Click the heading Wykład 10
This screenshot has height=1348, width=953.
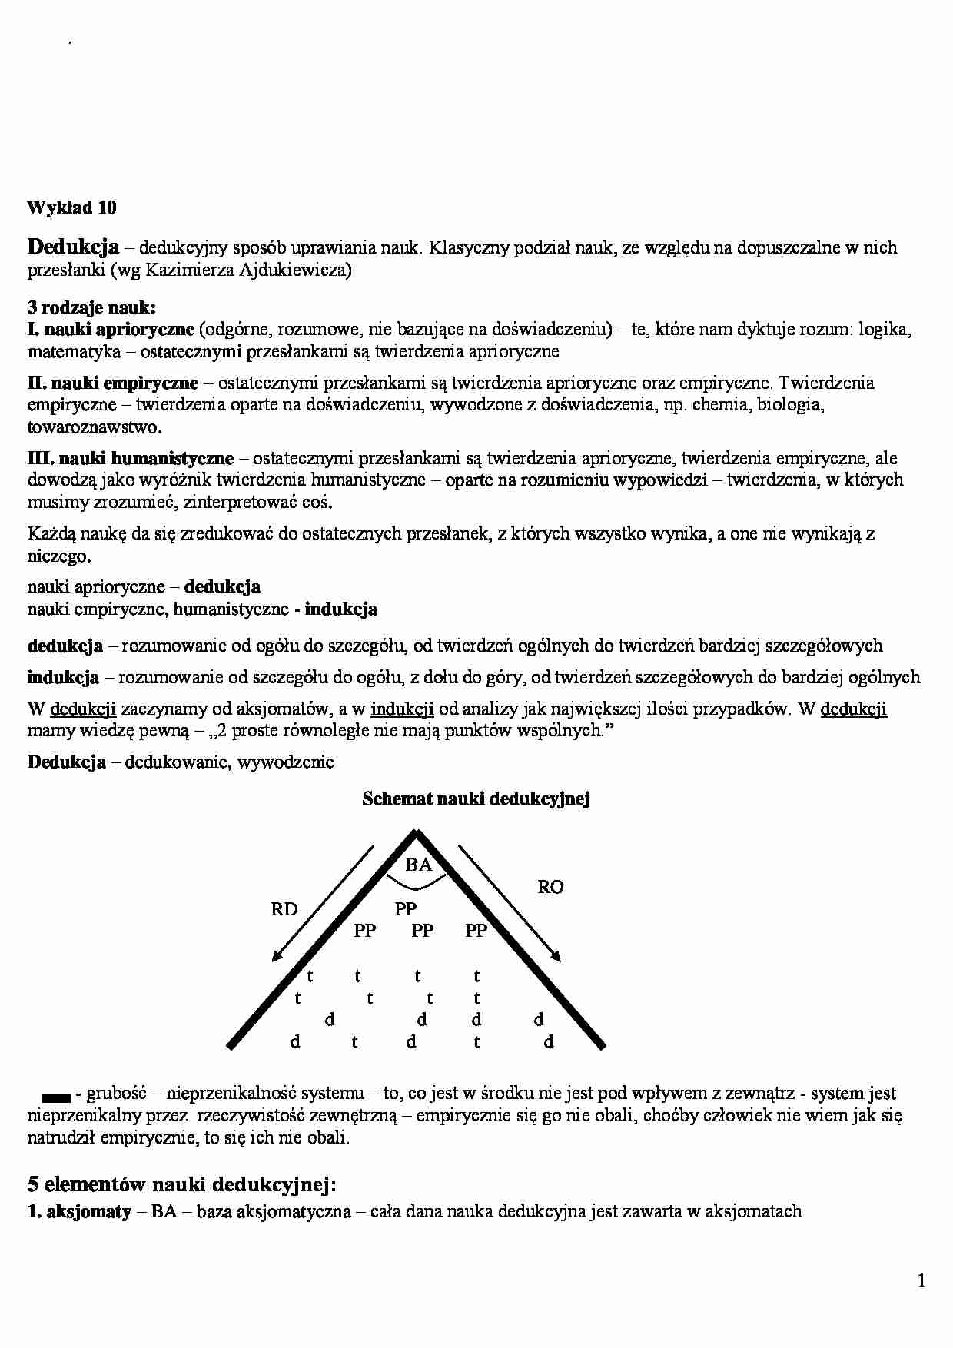coord(71,208)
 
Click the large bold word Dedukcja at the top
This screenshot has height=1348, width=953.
coord(73,247)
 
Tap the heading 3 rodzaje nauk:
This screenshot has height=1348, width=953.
coord(91,308)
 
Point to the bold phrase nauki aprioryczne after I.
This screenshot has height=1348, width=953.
coord(119,330)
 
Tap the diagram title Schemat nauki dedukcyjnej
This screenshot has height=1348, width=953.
coord(476,799)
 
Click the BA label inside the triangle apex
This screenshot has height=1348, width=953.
coord(419,865)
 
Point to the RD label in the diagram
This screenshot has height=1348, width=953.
coord(284,910)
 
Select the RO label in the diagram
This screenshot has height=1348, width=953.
coord(550,888)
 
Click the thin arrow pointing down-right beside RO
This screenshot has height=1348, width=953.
coord(510,903)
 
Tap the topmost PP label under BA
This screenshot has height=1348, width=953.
coord(406,909)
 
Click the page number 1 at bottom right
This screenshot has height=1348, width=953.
coord(921,1280)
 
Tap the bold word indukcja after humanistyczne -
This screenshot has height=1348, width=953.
coord(340,609)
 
